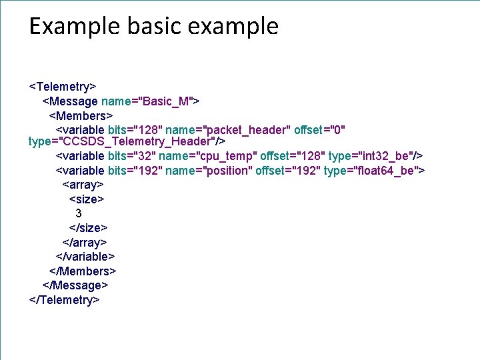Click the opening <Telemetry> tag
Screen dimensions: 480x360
pyautogui.click(x=63, y=87)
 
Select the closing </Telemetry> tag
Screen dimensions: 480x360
pyautogui.click(x=65, y=300)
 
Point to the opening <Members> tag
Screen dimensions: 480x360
pyautogui.click(x=81, y=115)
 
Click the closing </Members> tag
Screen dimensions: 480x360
pyautogui.click(x=83, y=271)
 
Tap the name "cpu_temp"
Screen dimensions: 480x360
pyautogui.click(x=228, y=157)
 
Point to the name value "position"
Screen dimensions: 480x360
pyautogui.click(x=227, y=171)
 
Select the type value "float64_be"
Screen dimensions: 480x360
pyautogui.click(x=385, y=171)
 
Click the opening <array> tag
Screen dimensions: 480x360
pyautogui.click(x=83, y=185)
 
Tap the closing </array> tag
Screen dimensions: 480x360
pyautogui.click(x=85, y=243)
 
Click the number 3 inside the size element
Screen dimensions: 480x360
pyautogui.click(x=79, y=214)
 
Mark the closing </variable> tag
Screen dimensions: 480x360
pyautogui.click(x=85, y=257)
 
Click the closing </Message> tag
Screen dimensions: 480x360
pyautogui.click(x=75, y=285)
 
